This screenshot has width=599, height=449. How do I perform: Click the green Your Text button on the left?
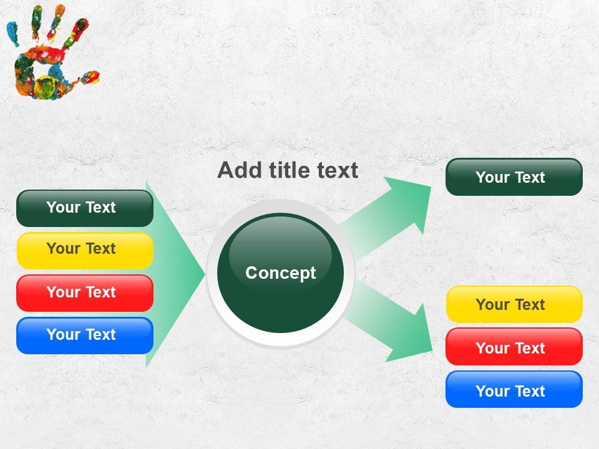tap(85, 208)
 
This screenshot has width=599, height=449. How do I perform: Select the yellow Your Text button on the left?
tap(85, 251)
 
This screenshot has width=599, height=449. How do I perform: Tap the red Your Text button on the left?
tap(85, 293)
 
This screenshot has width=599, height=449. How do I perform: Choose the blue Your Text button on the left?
tap(85, 336)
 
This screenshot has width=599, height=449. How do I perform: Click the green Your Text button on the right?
tap(514, 176)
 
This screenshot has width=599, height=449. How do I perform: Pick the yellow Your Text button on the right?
tap(514, 304)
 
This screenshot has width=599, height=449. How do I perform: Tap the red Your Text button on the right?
tap(514, 347)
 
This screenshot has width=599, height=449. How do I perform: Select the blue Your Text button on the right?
tap(514, 389)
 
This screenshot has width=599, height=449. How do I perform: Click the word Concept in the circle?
tap(280, 273)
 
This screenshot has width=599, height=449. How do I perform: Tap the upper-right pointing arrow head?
tap(411, 202)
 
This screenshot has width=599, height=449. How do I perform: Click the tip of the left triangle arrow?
tap(205, 273)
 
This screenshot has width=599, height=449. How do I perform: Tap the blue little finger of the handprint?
tap(12, 32)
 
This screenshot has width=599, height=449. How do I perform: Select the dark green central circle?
tap(280, 273)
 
